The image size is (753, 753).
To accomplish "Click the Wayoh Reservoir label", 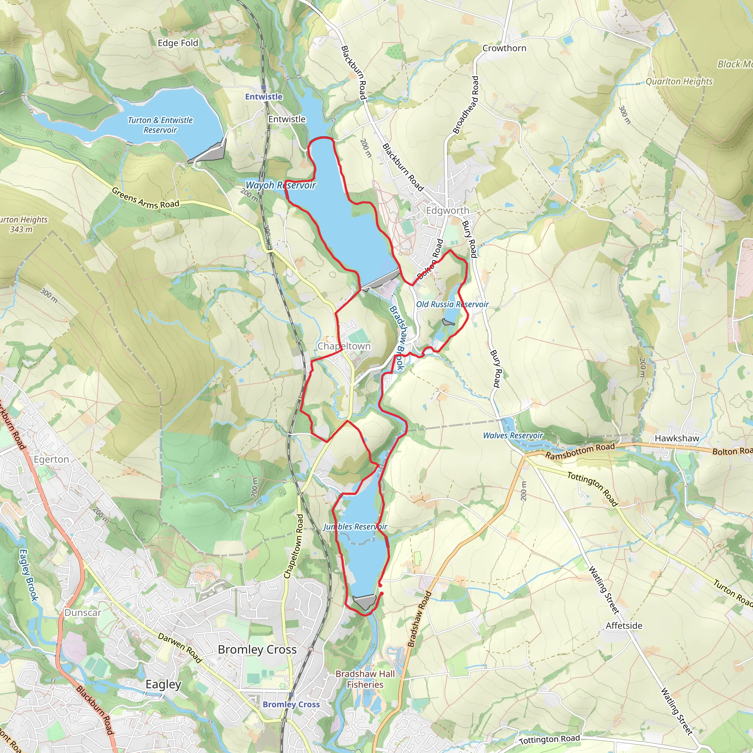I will pyautogui.click(x=280, y=185).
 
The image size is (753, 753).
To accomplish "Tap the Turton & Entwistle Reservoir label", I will pyautogui.click(x=160, y=125).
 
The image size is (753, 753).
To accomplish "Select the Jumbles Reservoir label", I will pyautogui.click(x=355, y=527).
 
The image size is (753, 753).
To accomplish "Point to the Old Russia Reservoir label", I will pyautogui.click(x=452, y=304).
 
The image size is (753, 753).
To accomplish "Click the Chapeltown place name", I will pyautogui.click(x=344, y=346).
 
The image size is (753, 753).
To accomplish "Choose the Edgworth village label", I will pyautogui.click(x=447, y=210).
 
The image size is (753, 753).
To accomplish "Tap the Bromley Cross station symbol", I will pyautogui.click(x=291, y=695).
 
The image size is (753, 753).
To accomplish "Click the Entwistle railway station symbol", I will pyautogui.click(x=264, y=88).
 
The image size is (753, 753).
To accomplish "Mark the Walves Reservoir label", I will pyautogui.click(x=513, y=435).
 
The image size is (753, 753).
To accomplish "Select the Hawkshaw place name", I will pyautogui.click(x=677, y=439).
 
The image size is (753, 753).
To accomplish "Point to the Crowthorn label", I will pyautogui.click(x=504, y=48).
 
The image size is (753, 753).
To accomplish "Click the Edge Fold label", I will pyautogui.click(x=178, y=43).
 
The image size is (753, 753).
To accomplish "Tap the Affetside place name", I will pyautogui.click(x=624, y=625).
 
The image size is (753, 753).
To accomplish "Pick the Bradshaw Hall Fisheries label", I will pyautogui.click(x=365, y=679).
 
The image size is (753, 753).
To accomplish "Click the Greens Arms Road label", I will pyautogui.click(x=145, y=199).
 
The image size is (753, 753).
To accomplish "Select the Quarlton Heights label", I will pyautogui.click(x=679, y=82).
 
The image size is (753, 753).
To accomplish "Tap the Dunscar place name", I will pyautogui.click(x=83, y=613).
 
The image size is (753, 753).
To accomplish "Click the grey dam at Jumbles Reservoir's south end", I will pyautogui.click(x=365, y=602).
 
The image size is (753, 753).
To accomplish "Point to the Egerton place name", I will pyautogui.click(x=51, y=460).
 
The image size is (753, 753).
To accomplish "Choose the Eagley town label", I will pyautogui.click(x=163, y=684).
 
